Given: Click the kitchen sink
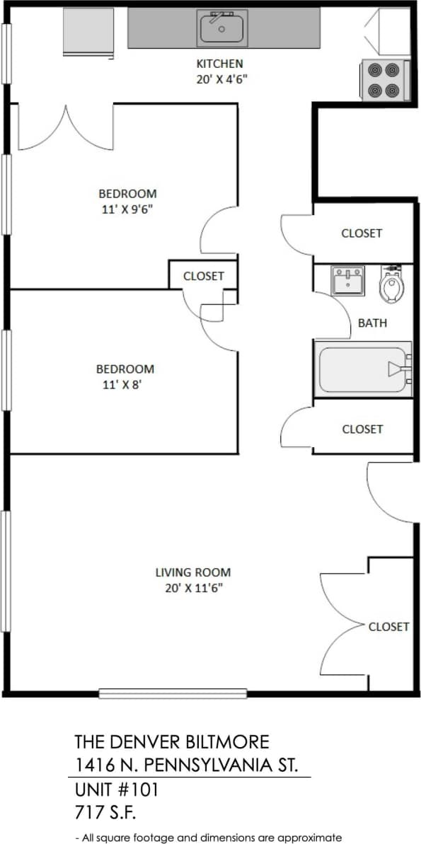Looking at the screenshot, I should pyautogui.click(x=222, y=28).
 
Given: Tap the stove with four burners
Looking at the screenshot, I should pyautogui.click(x=383, y=80).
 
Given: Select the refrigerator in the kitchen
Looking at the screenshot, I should pyautogui.click(x=88, y=32).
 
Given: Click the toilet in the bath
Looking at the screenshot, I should pyautogui.click(x=391, y=284).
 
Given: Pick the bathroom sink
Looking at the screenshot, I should pyautogui.click(x=348, y=280).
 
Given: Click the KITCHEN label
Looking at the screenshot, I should pyautogui.click(x=220, y=63).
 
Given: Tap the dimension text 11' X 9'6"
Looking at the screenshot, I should pyautogui.click(x=127, y=209).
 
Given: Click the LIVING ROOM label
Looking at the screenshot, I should pyautogui.click(x=193, y=572).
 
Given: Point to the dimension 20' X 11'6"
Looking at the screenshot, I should pyautogui.click(x=193, y=589).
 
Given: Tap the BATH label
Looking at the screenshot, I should pyautogui.click(x=372, y=323).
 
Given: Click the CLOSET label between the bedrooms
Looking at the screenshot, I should pyautogui.click(x=203, y=276).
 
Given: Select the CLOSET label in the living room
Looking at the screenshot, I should pyautogui.click(x=388, y=627).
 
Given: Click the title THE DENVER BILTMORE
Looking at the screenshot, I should pyautogui.click(x=172, y=742).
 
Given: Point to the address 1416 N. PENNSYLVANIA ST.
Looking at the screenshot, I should pyautogui.click(x=187, y=765).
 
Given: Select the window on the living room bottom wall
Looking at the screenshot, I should pyautogui.click(x=173, y=693).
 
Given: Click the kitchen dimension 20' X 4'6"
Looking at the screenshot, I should pyautogui.click(x=221, y=79).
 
